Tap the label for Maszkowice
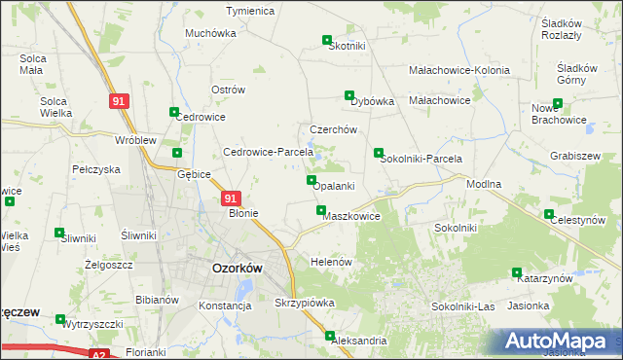[350, 216]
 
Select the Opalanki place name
[334, 186]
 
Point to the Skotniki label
[348, 46]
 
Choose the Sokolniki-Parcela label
[421, 159]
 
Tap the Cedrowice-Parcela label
[268, 152]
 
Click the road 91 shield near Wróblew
[118, 101]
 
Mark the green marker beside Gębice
[177, 153]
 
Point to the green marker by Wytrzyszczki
[60, 318]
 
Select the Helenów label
[330, 263]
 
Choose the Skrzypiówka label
[305, 303]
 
